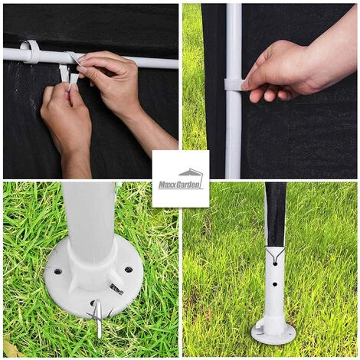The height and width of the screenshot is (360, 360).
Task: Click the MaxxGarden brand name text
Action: tap(181, 185)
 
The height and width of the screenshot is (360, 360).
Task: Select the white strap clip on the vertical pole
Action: tap(234, 84)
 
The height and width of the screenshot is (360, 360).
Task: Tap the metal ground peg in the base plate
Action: tap(99, 318)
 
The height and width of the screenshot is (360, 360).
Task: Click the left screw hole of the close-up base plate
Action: tap(58, 271)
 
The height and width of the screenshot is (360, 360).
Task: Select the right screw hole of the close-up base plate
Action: tap(129, 270)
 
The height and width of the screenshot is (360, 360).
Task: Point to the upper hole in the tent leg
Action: tap(275, 263)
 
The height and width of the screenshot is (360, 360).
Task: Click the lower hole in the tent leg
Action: tap(275, 284)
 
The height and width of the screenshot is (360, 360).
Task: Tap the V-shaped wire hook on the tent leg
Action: tap(275, 254)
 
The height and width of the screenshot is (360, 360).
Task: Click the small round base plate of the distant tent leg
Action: tap(273, 332)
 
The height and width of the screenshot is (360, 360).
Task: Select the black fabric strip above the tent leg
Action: tap(276, 214)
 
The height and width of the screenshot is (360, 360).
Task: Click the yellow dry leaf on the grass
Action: tap(11, 348)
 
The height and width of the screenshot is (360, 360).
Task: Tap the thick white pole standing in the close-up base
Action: tap(89, 220)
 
